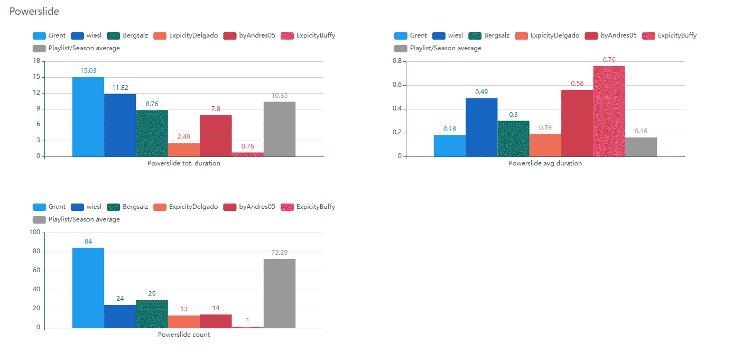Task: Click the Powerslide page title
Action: (x=34, y=11)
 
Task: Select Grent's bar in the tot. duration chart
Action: (x=88, y=117)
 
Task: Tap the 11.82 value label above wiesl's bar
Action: (x=120, y=88)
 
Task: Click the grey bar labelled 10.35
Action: (x=279, y=129)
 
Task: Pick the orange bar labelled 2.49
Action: (x=183, y=150)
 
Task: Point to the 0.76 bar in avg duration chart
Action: (x=609, y=111)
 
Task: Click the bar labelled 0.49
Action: (x=481, y=127)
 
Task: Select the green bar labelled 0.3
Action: (x=513, y=139)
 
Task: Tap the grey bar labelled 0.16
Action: (x=641, y=147)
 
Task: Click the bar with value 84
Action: (x=88, y=288)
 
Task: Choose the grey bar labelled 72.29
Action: (x=279, y=293)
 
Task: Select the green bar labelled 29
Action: (x=152, y=314)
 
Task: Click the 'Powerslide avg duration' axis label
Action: (x=545, y=163)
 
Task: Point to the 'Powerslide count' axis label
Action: (x=184, y=335)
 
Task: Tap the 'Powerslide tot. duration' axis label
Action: (x=184, y=163)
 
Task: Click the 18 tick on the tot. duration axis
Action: (x=36, y=61)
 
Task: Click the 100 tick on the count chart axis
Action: (x=35, y=233)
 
